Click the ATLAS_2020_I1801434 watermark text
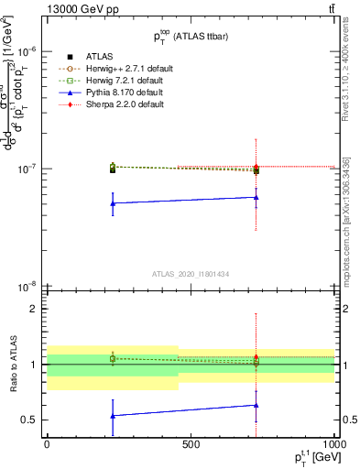(x=191, y=275)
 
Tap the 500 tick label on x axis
(x=191, y=444)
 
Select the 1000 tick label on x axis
(x=332, y=444)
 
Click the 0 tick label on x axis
(x=47, y=444)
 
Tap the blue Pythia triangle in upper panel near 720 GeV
(x=256, y=197)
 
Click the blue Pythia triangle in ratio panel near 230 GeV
(x=112, y=416)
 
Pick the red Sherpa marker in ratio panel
(x=256, y=357)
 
